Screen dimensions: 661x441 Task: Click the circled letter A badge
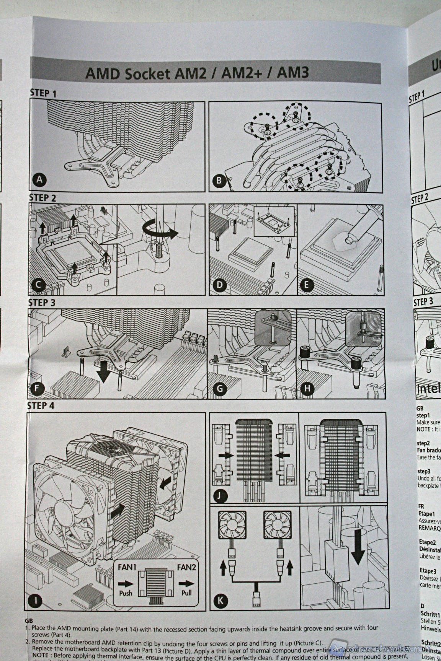click(x=40, y=180)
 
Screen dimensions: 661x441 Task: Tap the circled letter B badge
click(x=219, y=181)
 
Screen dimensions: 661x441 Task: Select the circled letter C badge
click(x=40, y=285)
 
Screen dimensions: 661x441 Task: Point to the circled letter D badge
click(x=220, y=285)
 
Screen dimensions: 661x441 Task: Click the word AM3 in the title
click(x=294, y=73)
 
